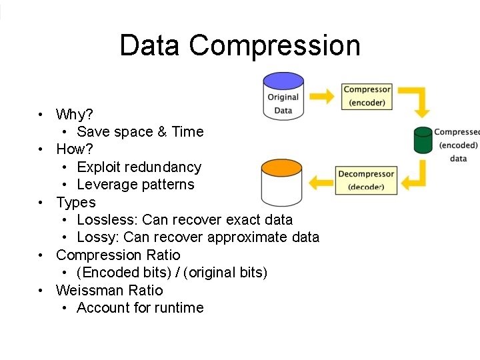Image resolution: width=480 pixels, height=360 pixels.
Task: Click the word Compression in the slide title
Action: coord(274,46)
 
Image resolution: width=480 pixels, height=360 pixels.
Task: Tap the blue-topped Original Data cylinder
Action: coord(283,97)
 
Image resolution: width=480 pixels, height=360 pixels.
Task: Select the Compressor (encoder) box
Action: coord(367,96)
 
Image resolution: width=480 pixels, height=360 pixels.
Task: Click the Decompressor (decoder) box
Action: coord(366,180)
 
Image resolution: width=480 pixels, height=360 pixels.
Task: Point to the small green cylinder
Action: coord(423,140)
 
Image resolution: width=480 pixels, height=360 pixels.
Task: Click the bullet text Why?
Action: coord(74,114)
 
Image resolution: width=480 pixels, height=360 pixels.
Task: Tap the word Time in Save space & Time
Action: coord(187,131)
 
